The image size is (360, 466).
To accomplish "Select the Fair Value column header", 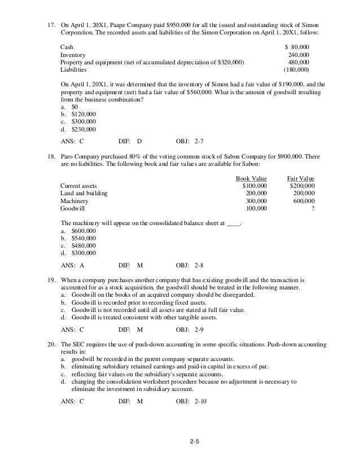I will (301, 178).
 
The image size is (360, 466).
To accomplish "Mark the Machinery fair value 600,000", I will (303, 201).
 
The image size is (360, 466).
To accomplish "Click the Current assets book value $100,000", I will (254, 186).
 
